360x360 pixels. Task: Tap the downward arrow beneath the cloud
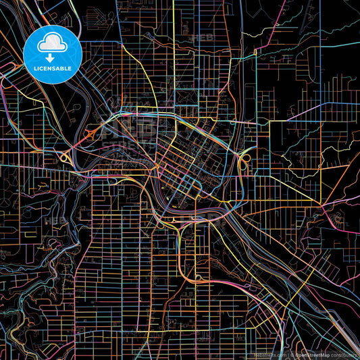coord(52,58)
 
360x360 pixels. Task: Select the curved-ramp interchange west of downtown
coord(68,157)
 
